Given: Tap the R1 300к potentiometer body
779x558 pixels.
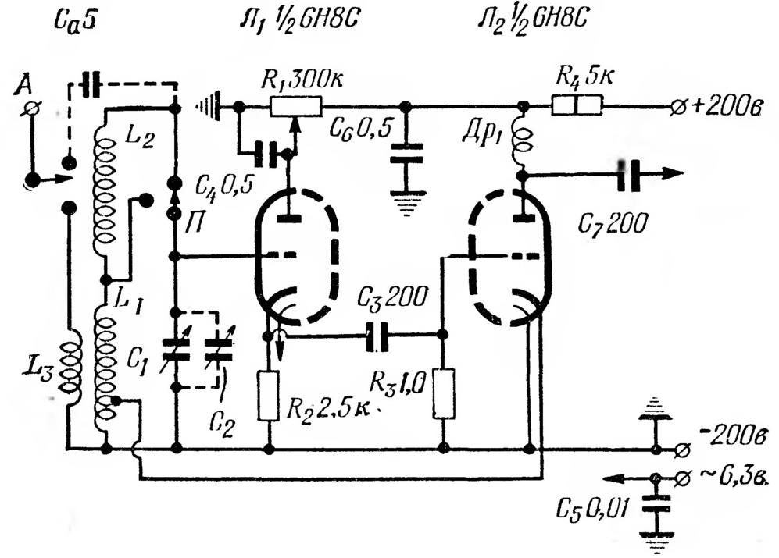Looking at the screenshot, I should point(296,107).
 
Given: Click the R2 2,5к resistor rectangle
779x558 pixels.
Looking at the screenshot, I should point(269,396).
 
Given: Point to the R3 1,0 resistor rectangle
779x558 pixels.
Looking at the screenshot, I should point(443,393).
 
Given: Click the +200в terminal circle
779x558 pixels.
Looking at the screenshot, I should point(677,106).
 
